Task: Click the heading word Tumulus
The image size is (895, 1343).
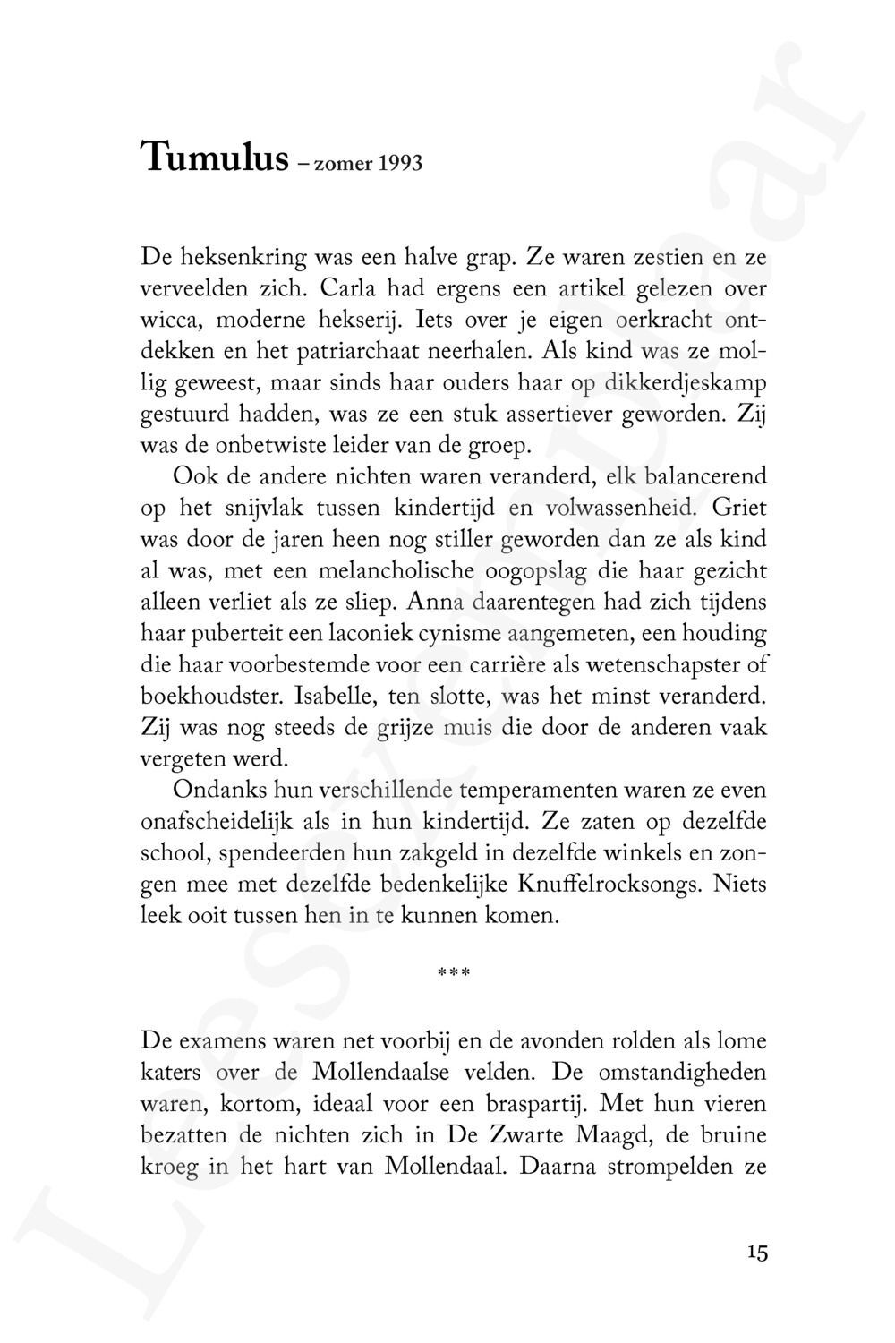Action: (x=214, y=158)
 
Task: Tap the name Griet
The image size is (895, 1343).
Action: (x=739, y=509)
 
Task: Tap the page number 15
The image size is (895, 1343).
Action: (x=757, y=1253)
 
